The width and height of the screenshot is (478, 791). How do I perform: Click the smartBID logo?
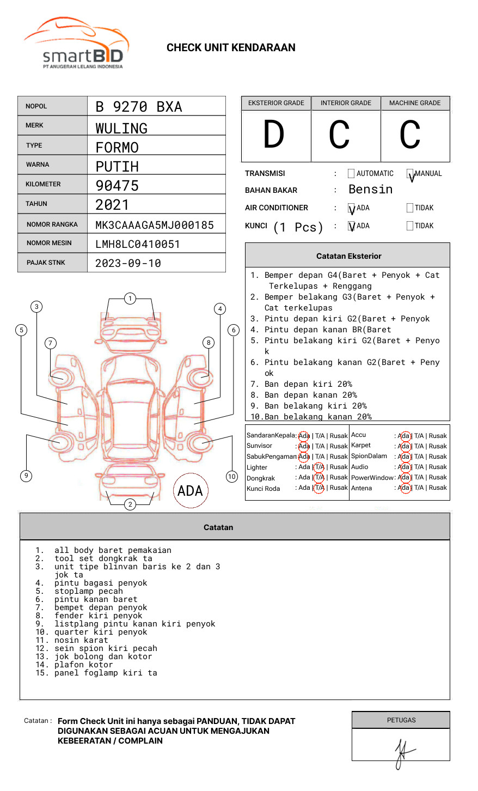pyautogui.click(x=76, y=44)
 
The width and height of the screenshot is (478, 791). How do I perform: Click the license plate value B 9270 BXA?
pyautogui.click(x=139, y=107)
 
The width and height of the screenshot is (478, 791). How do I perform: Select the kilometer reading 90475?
pyautogui.click(x=117, y=186)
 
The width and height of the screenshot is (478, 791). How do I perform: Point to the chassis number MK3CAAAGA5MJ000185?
pyautogui.click(x=155, y=225)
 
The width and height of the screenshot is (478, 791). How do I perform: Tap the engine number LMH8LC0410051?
pyautogui.click(x=138, y=244)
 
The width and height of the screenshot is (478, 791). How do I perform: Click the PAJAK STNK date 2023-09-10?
pyautogui.click(x=128, y=263)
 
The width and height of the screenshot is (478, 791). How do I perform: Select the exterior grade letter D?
pyautogui.click(x=274, y=135)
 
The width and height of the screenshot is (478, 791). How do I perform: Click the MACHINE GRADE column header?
pyautogui.click(x=415, y=103)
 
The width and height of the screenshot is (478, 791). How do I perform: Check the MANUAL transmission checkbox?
pyautogui.click(x=410, y=174)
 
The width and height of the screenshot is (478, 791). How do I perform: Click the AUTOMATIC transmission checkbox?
pyautogui.click(x=351, y=174)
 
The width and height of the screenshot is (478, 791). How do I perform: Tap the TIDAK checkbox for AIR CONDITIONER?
pyautogui.click(x=410, y=208)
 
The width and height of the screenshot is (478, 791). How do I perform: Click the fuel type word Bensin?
pyautogui.click(x=370, y=190)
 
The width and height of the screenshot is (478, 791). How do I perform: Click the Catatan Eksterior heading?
pyautogui.click(x=348, y=256)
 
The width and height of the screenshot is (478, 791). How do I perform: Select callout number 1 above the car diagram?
pyautogui.click(x=130, y=299)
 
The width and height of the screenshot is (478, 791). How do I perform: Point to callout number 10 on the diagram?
pyautogui.click(x=232, y=477)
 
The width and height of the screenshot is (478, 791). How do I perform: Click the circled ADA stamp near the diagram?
pyautogui.click(x=190, y=491)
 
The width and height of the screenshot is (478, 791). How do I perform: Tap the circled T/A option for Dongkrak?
pyautogui.click(x=319, y=478)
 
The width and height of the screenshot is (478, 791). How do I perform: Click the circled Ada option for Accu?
pyautogui.click(x=404, y=436)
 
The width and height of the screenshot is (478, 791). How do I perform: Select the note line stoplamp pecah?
pyautogui.click(x=88, y=591)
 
